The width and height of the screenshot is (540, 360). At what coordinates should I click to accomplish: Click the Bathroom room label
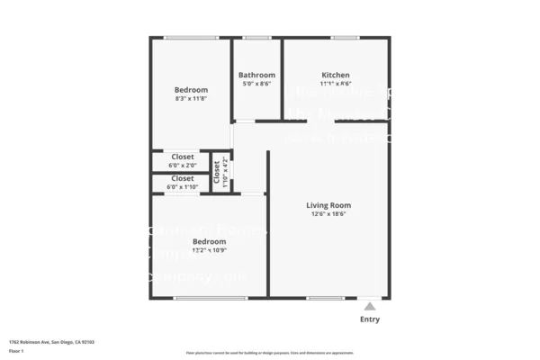click(x=256, y=75)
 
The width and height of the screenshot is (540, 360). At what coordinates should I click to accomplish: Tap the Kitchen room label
click(x=336, y=75)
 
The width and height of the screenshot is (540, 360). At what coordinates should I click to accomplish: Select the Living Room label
click(x=328, y=205)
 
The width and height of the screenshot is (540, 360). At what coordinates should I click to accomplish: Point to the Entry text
click(x=370, y=319)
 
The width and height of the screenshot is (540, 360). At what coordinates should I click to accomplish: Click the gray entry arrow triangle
click(x=369, y=307)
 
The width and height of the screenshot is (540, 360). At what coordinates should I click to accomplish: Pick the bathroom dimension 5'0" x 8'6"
click(x=256, y=84)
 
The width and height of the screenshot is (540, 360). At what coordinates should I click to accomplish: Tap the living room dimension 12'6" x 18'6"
click(x=328, y=215)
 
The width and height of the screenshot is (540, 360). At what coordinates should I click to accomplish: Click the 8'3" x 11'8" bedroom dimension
click(x=191, y=99)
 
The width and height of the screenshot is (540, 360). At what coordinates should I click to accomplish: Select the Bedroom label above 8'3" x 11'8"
click(x=191, y=90)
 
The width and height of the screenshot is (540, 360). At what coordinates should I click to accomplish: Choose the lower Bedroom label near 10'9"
click(x=210, y=241)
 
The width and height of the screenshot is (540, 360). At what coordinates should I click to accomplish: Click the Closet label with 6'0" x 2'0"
click(x=183, y=157)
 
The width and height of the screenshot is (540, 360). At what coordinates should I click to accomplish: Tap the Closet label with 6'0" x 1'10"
click(x=183, y=178)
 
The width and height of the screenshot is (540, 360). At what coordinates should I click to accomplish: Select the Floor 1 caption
click(x=16, y=350)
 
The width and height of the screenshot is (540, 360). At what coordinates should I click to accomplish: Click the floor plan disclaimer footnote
click(x=269, y=353)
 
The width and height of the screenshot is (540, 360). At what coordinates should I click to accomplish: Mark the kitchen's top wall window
click(x=345, y=38)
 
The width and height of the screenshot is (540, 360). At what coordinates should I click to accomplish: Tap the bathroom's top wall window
click(x=256, y=38)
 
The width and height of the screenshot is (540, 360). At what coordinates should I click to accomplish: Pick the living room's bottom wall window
click(x=325, y=298)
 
